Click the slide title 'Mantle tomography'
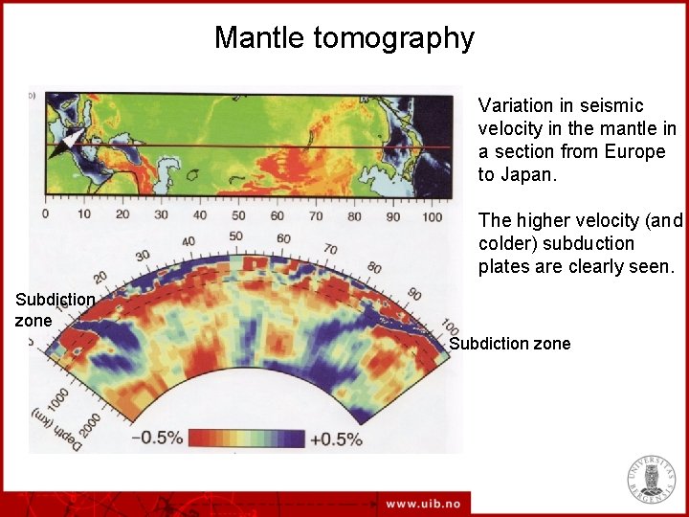(x=344, y=37)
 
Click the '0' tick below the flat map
(x=45, y=214)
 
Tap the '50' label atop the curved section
(x=235, y=236)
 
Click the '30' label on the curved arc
(x=143, y=256)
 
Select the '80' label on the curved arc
(x=373, y=267)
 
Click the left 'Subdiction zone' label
(x=54, y=309)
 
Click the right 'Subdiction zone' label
(x=509, y=344)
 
